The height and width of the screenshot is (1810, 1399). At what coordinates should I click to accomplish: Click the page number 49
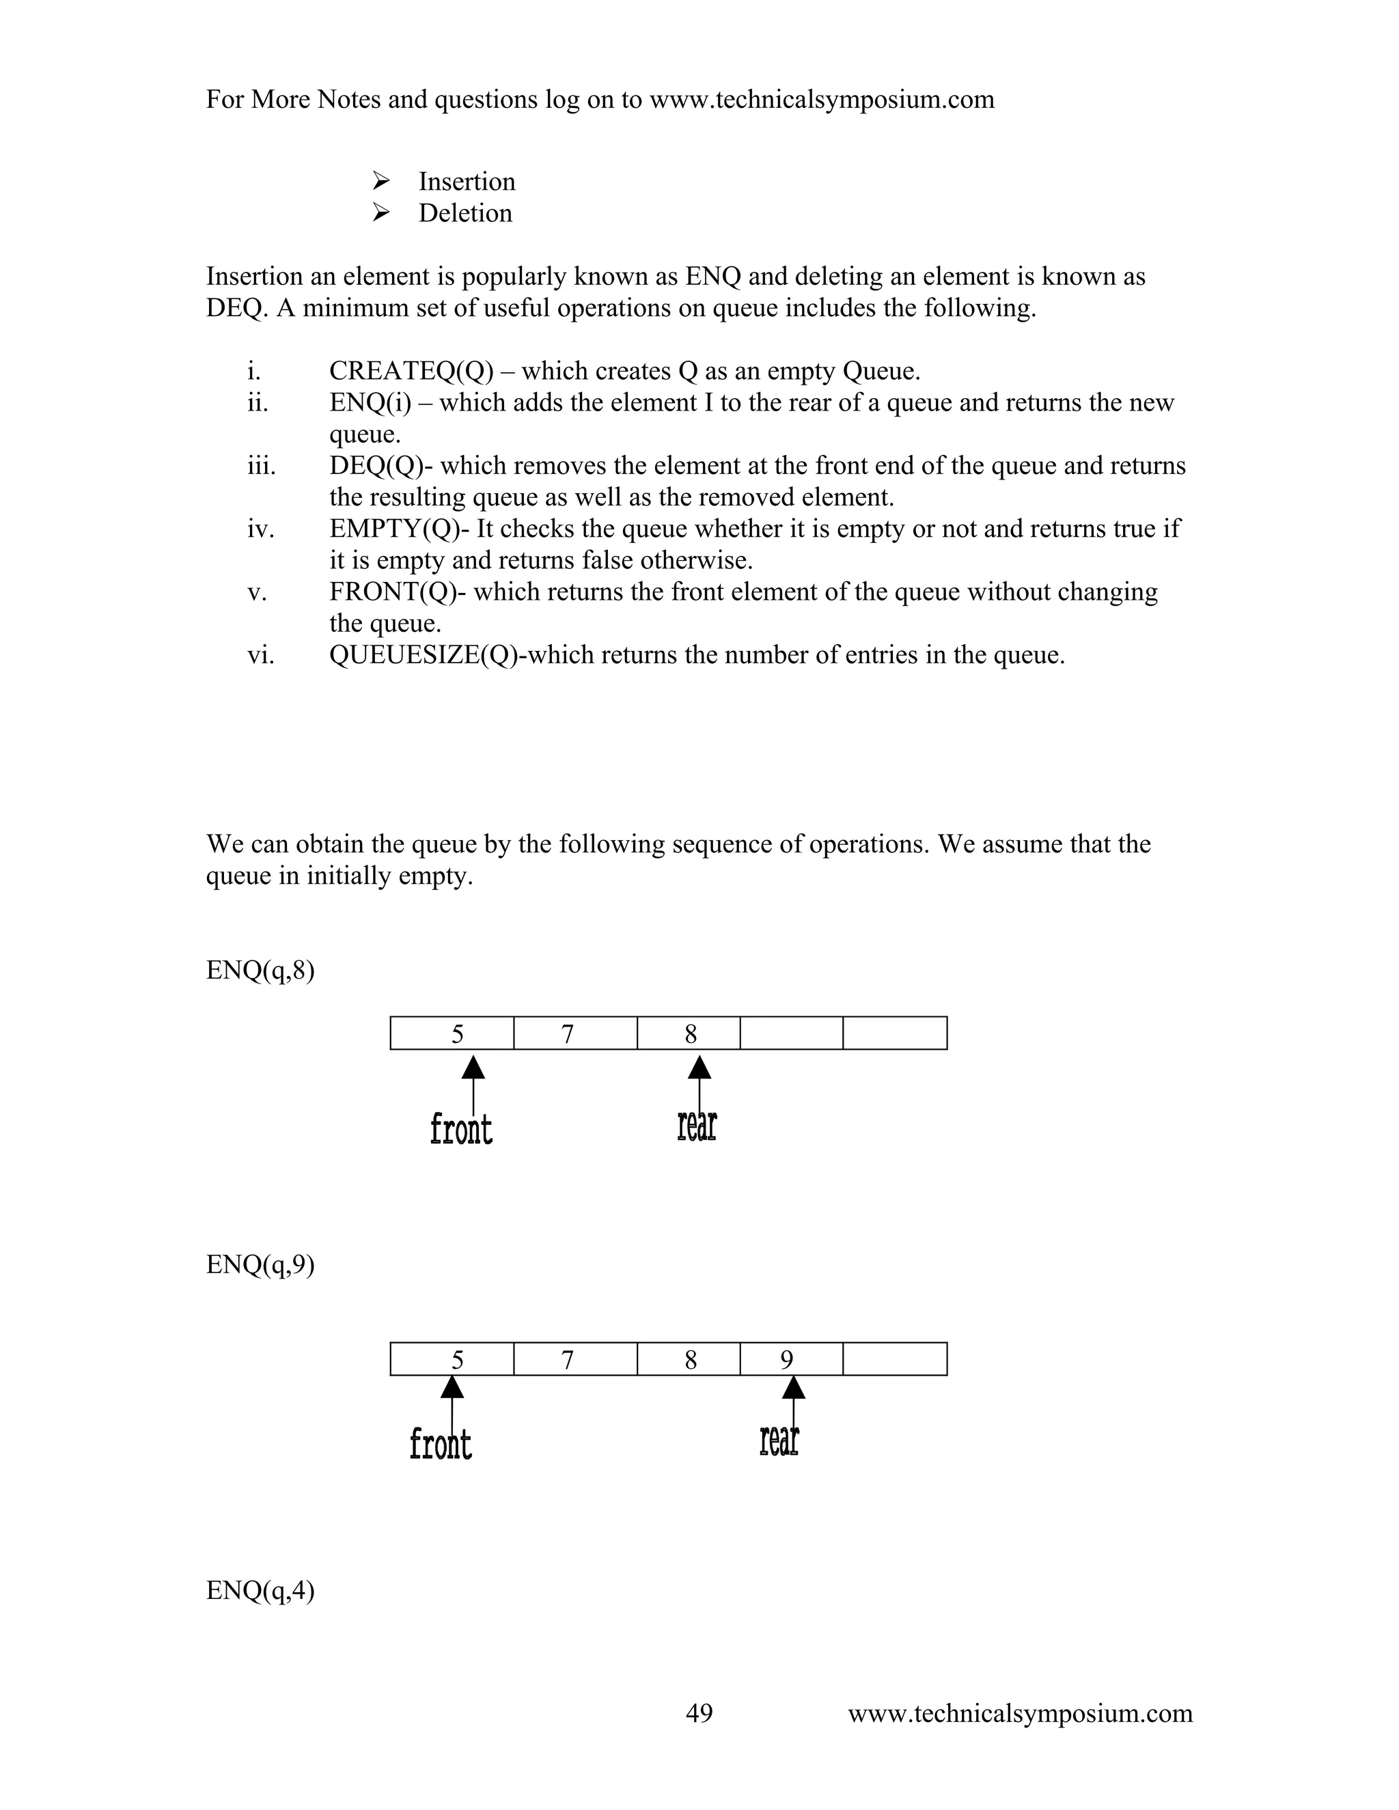699,1712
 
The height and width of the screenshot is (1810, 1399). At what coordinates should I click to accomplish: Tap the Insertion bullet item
466,182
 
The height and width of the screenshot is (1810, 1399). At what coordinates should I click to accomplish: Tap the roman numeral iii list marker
261,466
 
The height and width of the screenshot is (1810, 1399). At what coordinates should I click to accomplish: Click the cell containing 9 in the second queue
790,1359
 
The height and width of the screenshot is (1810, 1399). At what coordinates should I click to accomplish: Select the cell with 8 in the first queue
689,1033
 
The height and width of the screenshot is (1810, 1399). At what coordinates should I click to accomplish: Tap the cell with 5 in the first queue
452,1033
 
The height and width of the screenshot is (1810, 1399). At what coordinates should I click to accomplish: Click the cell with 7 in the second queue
575,1359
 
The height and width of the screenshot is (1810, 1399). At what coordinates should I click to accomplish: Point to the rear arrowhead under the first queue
699,1068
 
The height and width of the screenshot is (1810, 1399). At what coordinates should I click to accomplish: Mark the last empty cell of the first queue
894,1033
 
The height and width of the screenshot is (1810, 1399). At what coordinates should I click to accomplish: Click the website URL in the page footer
1019,1712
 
